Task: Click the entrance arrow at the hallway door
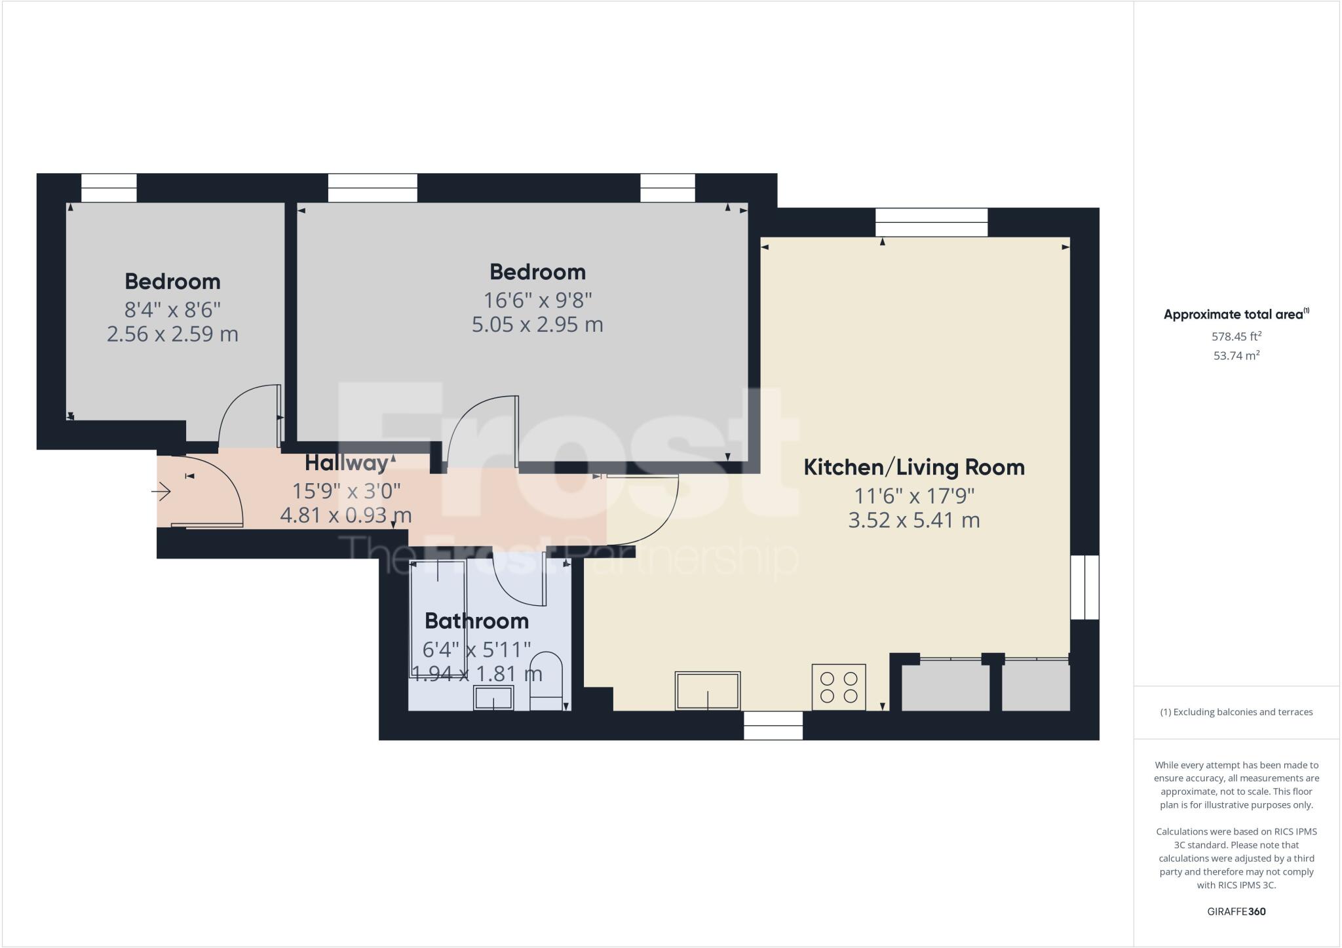162,491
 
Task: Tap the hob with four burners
839,687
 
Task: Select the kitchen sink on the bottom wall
708,690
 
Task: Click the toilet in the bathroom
546,682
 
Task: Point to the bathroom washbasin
494,698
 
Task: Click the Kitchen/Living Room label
914,467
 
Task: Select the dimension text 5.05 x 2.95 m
537,325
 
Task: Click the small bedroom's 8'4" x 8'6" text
172,309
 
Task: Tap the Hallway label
347,463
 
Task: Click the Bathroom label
476,620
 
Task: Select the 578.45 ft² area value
1237,336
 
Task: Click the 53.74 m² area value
1237,355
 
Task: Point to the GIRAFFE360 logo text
1237,911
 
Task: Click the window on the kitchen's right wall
1084,587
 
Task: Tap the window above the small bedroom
109,188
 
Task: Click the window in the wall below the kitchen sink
773,726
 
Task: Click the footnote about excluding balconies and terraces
1237,712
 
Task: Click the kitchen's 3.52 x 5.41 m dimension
914,521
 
